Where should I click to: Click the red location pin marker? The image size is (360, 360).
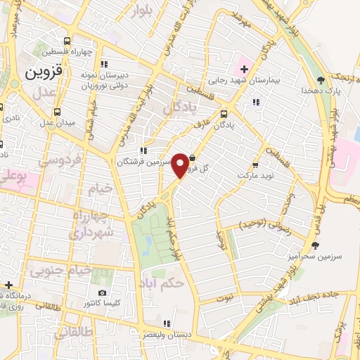tap(181, 165)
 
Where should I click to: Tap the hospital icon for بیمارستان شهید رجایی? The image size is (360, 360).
tap(244, 69)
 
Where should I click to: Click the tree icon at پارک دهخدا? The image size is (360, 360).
tap(321, 79)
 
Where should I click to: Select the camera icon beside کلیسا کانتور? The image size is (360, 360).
tap(103, 292)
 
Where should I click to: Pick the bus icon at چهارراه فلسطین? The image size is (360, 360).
tap(67, 41)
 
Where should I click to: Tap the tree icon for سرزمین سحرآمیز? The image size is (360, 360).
tap(314, 246)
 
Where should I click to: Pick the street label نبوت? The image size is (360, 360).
tap(224, 298)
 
